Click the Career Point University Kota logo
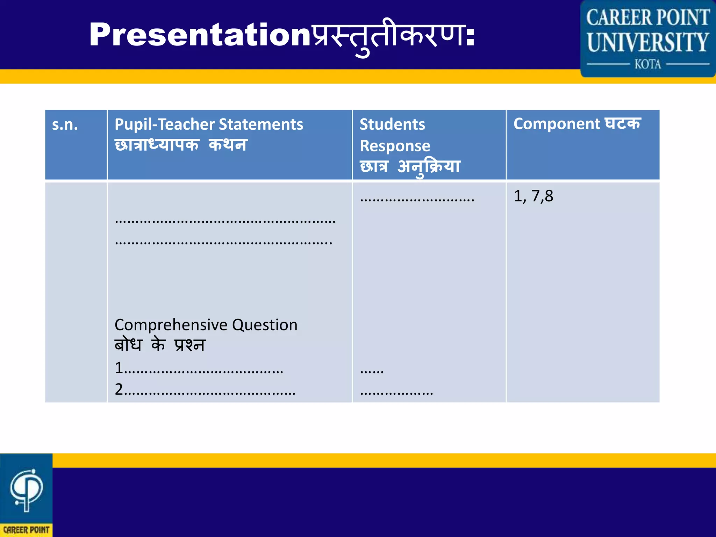(648, 38)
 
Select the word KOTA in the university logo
(648, 64)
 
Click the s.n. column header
(65, 125)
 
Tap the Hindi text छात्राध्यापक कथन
(181, 145)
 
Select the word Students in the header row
(392, 124)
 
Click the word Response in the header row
(395, 146)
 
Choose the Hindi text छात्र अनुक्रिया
(410, 167)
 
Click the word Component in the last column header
(557, 124)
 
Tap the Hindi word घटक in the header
(623, 124)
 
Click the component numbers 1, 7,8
(534, 196)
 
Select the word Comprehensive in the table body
(171, 325)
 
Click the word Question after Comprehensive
(265, 325)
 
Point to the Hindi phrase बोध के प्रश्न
(160, 345)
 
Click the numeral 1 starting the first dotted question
(119, 368)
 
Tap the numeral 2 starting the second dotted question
(119, 389)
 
